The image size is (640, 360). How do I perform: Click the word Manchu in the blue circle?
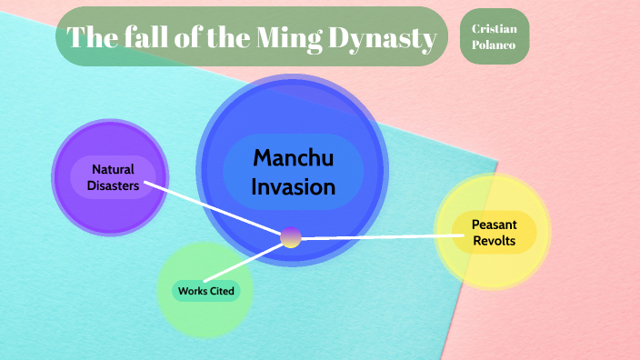pos(293,158)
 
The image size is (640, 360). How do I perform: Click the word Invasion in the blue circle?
pos(293,187)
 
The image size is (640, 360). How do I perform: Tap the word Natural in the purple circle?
pos(113,169)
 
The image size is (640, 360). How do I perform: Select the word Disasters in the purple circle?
pos(113,185)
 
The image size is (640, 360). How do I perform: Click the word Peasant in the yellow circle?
pos(494,225)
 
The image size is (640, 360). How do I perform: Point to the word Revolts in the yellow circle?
pos(494,241)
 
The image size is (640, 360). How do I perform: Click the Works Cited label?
pos(205,291)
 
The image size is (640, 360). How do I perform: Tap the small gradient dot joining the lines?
pos(291,237)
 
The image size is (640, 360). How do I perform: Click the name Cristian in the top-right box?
pos(495,29)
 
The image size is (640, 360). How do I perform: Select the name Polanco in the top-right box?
pos(495,45)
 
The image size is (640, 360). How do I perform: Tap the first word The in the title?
pos(90,38)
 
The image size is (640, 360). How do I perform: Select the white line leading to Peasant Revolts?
pos(382,236)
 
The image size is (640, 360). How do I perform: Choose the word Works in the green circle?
pos(192,291)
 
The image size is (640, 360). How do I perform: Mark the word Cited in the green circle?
pos(221,291)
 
